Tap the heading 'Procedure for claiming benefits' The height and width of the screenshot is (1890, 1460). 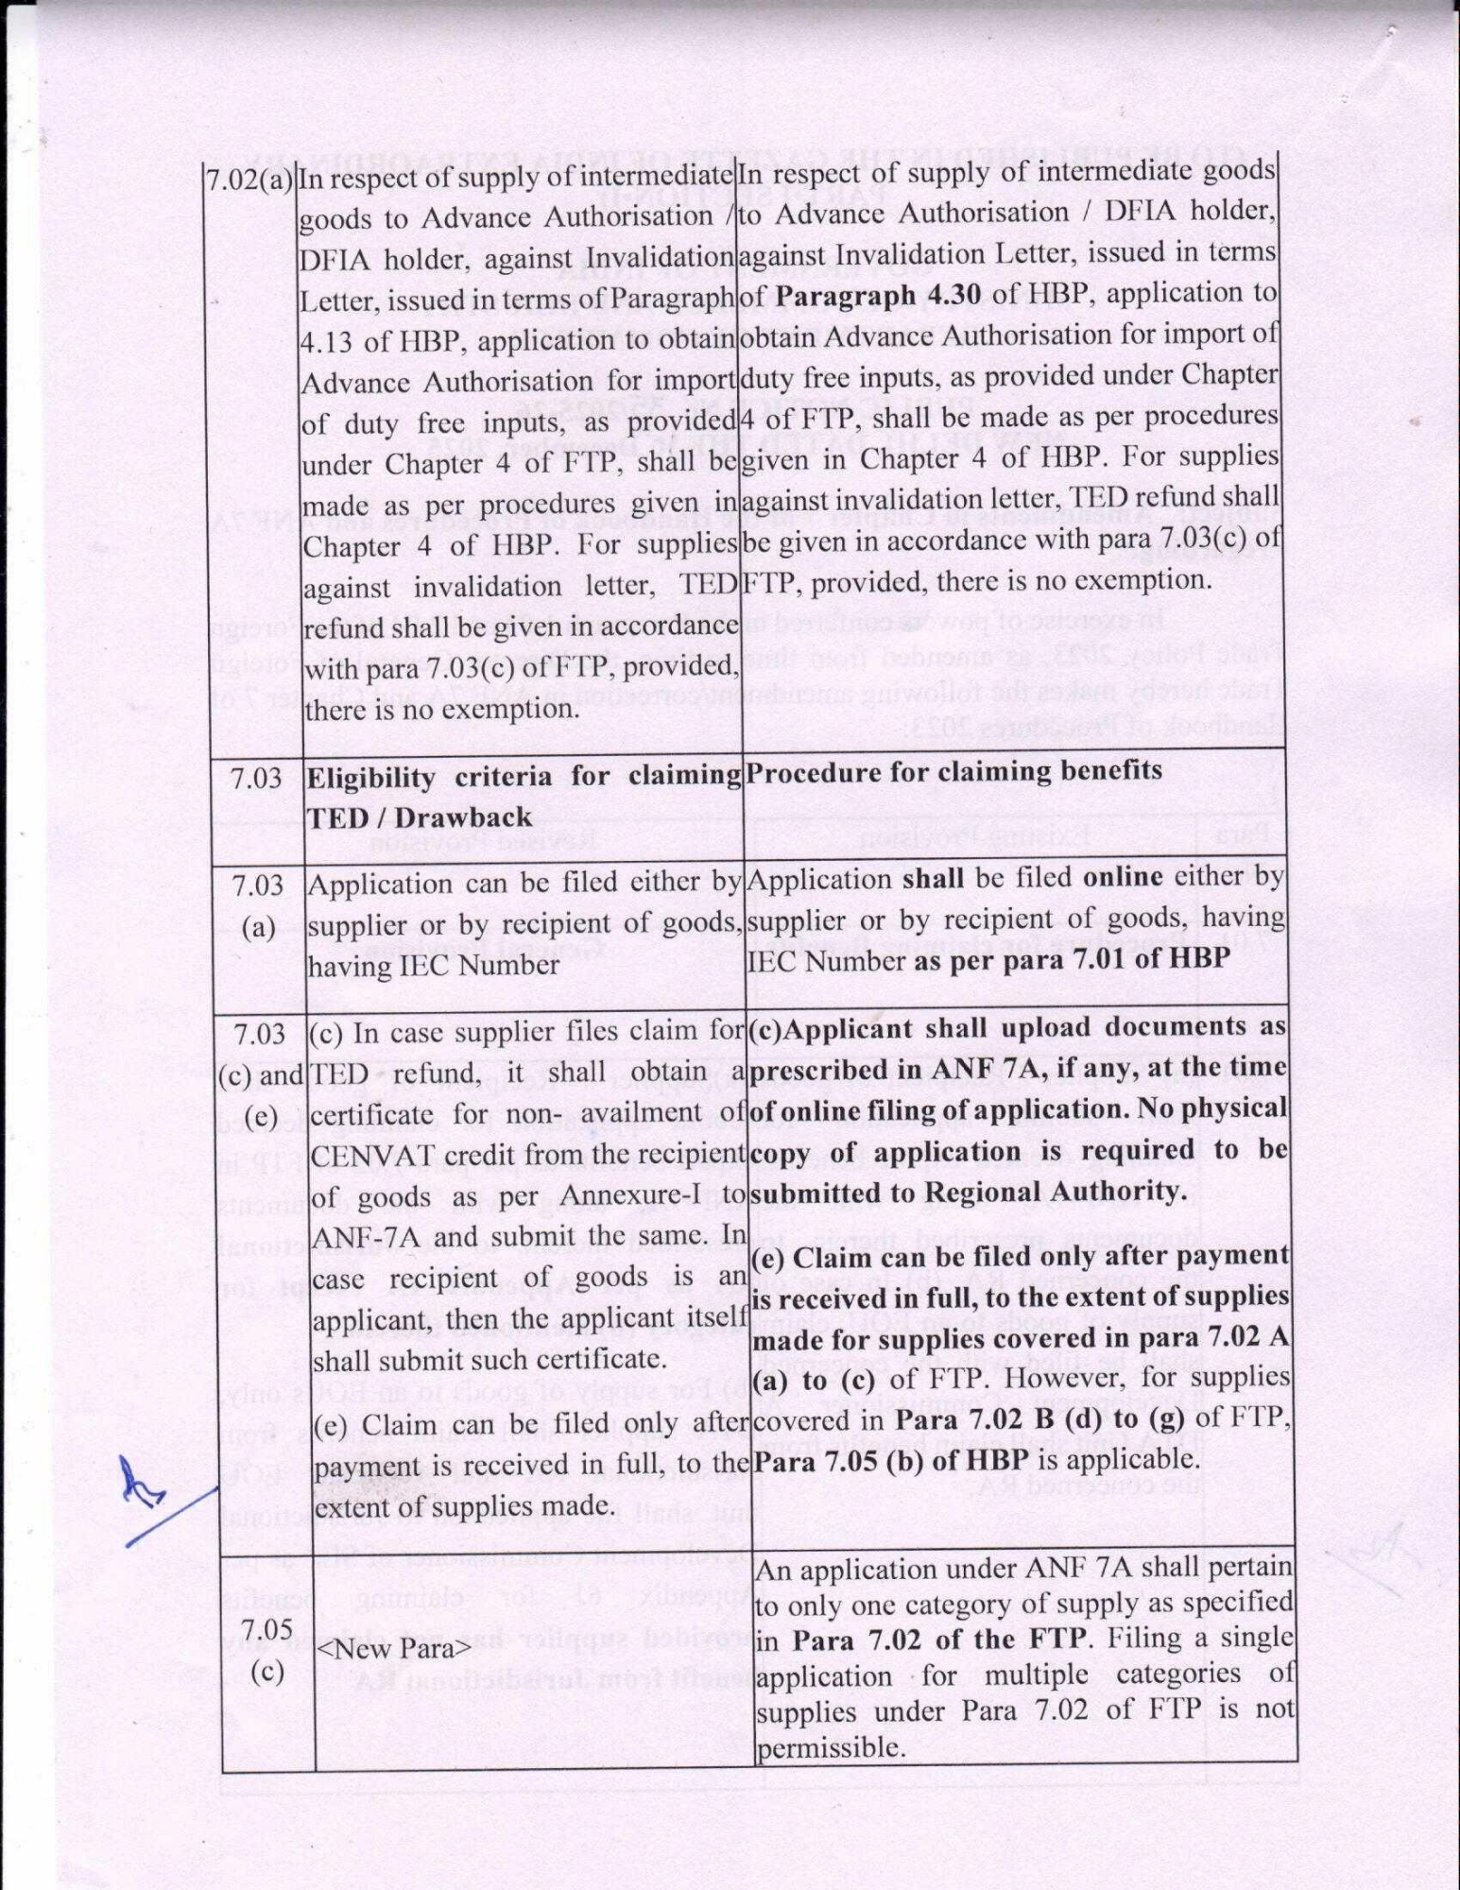coord(953,772)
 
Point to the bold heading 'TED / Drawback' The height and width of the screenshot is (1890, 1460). coord(420,818)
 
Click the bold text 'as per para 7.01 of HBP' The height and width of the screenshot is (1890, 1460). coord(1074,959)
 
